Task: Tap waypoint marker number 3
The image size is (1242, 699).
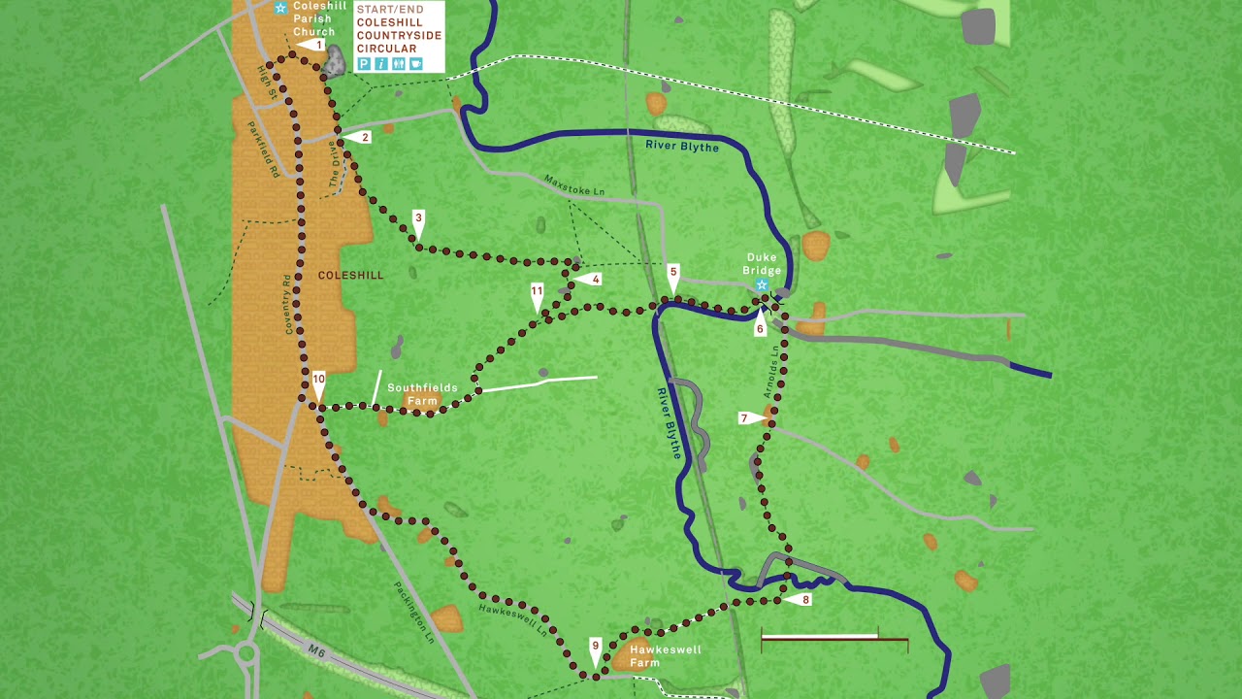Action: [x=418, y=220]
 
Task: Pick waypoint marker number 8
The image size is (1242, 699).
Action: [x=801, y=600]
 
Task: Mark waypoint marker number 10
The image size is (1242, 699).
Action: [x=318, y=382]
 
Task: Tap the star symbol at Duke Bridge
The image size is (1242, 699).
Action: [x=762, y=284]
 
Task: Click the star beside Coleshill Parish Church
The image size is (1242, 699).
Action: [x=280, y=8]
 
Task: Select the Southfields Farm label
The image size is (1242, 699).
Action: [x=422, y=394]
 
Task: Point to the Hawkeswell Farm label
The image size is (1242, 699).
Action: [x=665, y=656]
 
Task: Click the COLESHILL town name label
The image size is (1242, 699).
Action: [x=351, y=276]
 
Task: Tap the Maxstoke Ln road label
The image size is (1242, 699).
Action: [x=573, y=185]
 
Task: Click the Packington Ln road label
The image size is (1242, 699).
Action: [x=414, y=613]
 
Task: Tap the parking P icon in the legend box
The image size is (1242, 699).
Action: [x=364, y=64]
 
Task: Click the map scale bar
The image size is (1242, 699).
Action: [x=833, y=639]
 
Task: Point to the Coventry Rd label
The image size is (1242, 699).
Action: [x=288, y=305]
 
